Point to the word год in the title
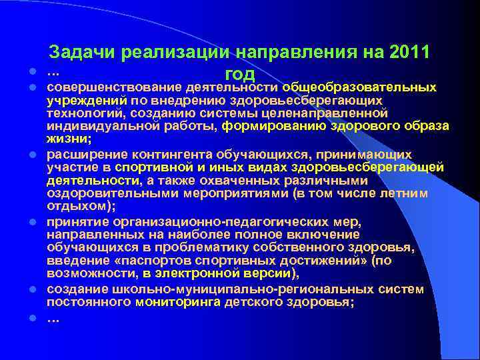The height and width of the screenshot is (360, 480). [241, 74]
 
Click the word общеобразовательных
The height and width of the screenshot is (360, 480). [360, 87]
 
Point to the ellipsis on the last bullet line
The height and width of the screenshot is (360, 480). [53, 318]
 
